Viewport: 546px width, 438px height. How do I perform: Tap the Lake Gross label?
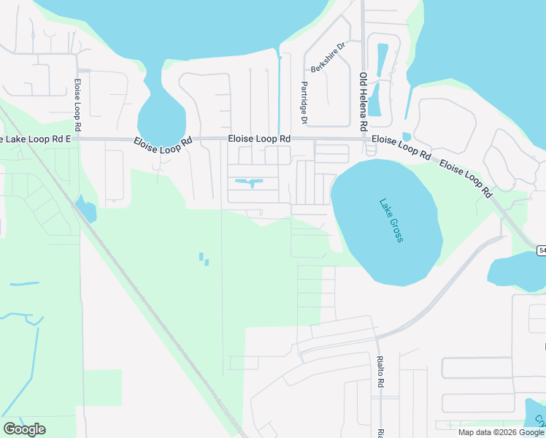click(x=391, y=221)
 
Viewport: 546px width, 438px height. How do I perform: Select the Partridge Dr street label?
click(x=304, y=102)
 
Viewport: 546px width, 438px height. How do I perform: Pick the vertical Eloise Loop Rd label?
click(x=77, y=101)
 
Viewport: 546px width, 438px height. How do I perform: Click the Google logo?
click(x=24, y=429)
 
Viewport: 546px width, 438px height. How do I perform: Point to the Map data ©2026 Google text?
click(x=501, y=432)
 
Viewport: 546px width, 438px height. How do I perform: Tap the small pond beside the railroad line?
click(x=86, y=210)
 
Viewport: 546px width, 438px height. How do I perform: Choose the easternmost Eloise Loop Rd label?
click(x=465, y=179)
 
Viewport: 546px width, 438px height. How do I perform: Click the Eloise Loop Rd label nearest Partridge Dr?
click(x=259, y=138)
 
